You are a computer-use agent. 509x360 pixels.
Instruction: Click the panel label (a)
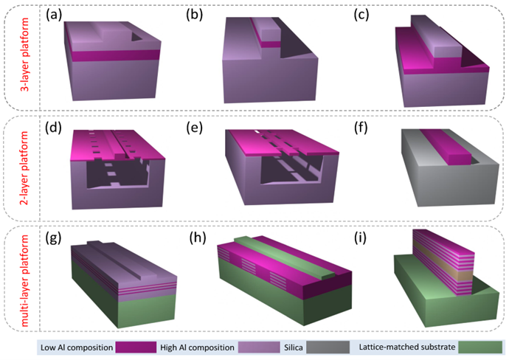click(54, 15)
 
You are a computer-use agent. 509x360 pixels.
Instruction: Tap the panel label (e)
click(195, 128)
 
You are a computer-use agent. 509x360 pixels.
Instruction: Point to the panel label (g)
click(54, 238)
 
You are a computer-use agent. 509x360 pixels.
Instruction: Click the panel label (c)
click(361, 15)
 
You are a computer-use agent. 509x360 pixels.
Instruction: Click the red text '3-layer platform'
click(24, 55)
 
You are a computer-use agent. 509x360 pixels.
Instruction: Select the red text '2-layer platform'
click(24, 168)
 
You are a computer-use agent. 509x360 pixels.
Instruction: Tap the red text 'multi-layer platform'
click(24, 280)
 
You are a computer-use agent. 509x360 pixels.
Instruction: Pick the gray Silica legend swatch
click(328, 347)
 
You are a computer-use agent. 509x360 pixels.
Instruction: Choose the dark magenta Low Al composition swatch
click(136, 347)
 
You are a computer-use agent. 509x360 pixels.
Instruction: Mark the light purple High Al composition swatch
click(259, 347)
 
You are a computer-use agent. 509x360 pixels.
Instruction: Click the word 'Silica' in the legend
click(293, 347)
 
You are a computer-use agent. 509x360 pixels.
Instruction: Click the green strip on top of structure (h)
click(283, 257)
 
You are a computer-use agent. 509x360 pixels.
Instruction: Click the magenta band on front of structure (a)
click(116, 55)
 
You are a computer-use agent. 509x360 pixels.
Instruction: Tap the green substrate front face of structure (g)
click(147, 311)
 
